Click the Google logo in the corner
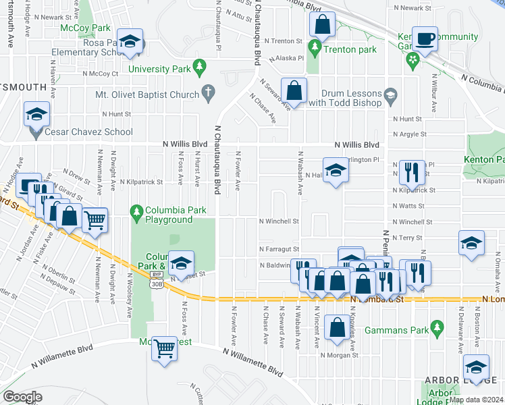(22, 397)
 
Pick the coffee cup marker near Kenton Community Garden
(425, 38)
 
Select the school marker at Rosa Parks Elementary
(130, 41)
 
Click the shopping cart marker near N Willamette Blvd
(164, 349)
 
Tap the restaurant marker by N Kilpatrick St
(412, 172)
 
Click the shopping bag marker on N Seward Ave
(294, 90)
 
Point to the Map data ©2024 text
(476, 400)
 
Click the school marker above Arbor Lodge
(476, 367)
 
